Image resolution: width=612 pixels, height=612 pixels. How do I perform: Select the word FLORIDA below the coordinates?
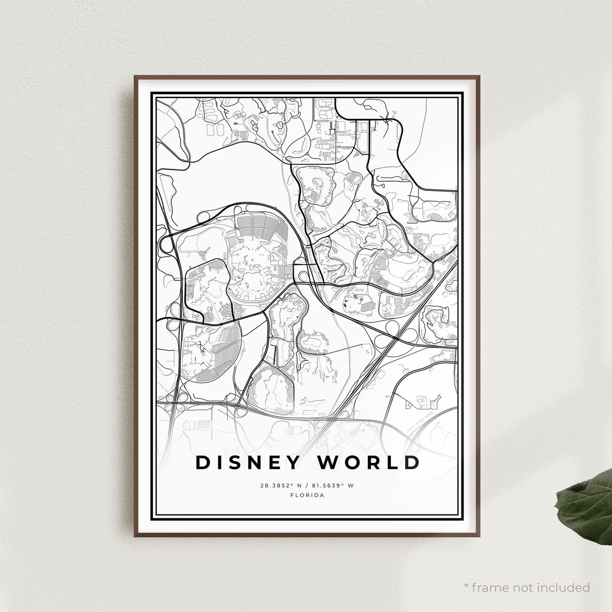[x=307, y=495]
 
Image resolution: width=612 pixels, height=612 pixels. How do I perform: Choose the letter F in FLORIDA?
[x=291, y=495]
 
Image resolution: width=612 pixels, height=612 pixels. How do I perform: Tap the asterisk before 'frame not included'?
[x=466, y=585]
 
